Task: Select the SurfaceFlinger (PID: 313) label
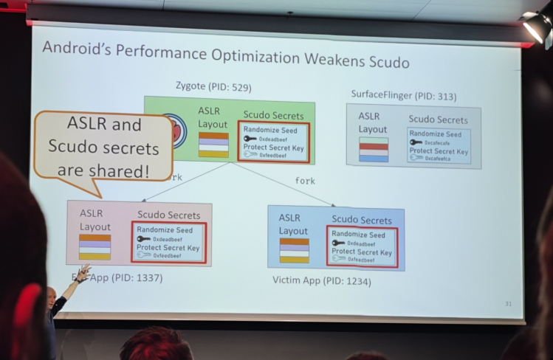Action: [x=403, y=95]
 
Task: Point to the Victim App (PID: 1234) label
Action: [x=322, y=280]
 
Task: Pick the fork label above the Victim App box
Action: [x=305, y=181]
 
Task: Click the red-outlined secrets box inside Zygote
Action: [x=273, y=142]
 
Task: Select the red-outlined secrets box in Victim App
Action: [x=362, y=247]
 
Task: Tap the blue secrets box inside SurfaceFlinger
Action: [x=439, y=146]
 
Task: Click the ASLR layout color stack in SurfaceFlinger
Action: [x=374, y=151]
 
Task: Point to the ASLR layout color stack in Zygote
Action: [x=213, y=145]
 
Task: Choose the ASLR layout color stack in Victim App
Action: [x=294, y=251]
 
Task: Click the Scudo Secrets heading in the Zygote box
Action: [x=273, y=115]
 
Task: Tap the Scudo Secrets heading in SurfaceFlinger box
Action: [x=438, y=120]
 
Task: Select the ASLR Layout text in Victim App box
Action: [x=293, y=224]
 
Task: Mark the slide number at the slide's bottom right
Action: [x=508, y=304]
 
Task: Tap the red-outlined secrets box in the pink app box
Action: [x=168, y=243]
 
